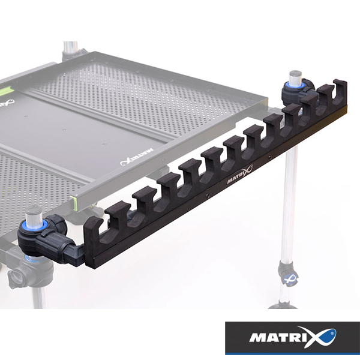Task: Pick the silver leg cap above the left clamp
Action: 34,214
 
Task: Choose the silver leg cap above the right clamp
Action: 296,77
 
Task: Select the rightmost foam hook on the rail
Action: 340,92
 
